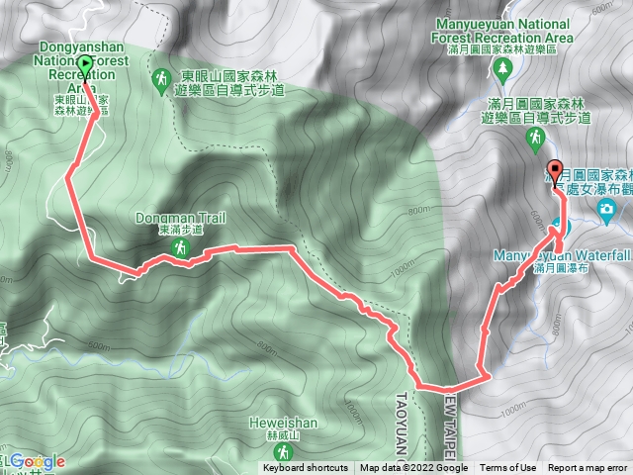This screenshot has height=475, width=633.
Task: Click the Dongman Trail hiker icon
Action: (x=181, y=249)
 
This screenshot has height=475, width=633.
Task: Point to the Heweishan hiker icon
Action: (x=284, y=451)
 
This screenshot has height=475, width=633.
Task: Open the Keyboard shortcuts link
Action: (x=306, y=468)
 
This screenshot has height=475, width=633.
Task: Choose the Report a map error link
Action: (x=589, y=468)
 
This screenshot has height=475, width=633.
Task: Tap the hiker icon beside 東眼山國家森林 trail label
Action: (x=162, y=77)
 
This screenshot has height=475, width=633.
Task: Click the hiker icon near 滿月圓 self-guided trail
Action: (x=534, y=141)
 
